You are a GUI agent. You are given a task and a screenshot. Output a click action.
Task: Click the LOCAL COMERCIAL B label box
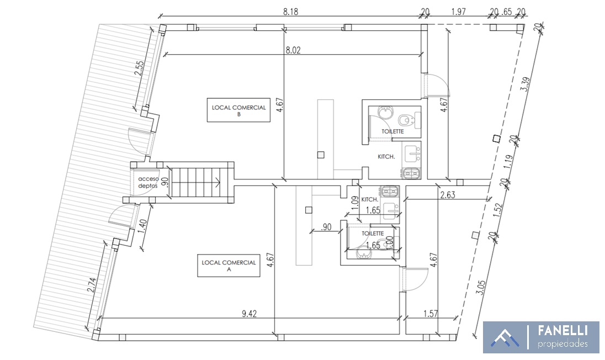[238, 110]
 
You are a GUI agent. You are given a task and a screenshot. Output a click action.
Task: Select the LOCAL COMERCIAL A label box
[229, 266]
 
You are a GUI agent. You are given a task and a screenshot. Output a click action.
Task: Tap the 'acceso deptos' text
[148, 182]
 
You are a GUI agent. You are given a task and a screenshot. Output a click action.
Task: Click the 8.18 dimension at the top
[290, 12]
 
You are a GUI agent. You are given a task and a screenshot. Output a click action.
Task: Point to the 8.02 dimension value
[293, 50]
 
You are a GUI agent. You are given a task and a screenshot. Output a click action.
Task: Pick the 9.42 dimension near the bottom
[250, 313]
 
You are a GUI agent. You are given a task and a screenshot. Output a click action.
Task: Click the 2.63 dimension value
[448, 195]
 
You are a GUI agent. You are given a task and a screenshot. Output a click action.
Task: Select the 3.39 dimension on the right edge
[525, 84]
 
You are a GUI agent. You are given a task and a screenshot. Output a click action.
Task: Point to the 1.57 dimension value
[431, 313]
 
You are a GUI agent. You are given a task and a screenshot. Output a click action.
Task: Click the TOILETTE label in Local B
[393, 131]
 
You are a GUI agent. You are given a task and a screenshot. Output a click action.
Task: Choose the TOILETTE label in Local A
[373, 234]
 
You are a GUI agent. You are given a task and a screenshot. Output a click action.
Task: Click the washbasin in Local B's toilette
[385, 112]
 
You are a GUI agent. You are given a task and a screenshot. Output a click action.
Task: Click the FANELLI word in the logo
[563, 331]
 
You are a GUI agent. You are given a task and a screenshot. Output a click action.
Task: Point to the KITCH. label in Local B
[386, 157]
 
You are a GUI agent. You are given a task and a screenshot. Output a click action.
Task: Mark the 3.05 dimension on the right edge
[481, 288]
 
